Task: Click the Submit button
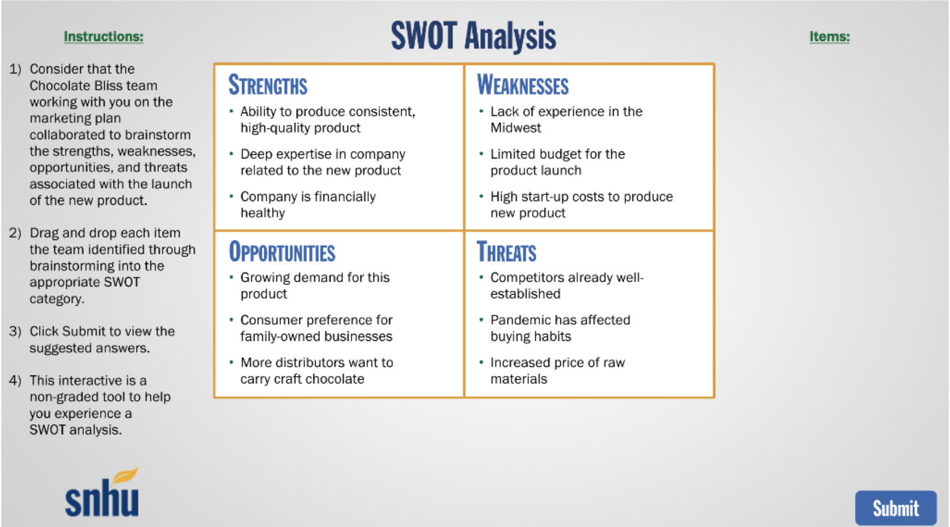[x=895, y=508]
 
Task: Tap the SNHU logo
[x=102, y=494]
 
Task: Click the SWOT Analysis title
[x=473, y=36]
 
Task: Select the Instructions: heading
[x=103, y=36]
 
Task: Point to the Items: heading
[x=829, y=36]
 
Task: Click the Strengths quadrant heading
[x=267, y=85]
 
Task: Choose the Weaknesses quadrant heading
[x=522, y=85]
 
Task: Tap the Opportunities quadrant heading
[x=281, y=252]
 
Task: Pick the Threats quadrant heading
[x=506, y=252]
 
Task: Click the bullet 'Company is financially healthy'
[x=307, y=204]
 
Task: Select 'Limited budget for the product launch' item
[x=557, y=162]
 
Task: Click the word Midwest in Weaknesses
[x=515, y=128]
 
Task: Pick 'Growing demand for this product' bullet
[x=314, y=285]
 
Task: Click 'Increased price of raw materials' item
[x=557, y=370]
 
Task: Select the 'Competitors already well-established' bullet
[x=566, y=285]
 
